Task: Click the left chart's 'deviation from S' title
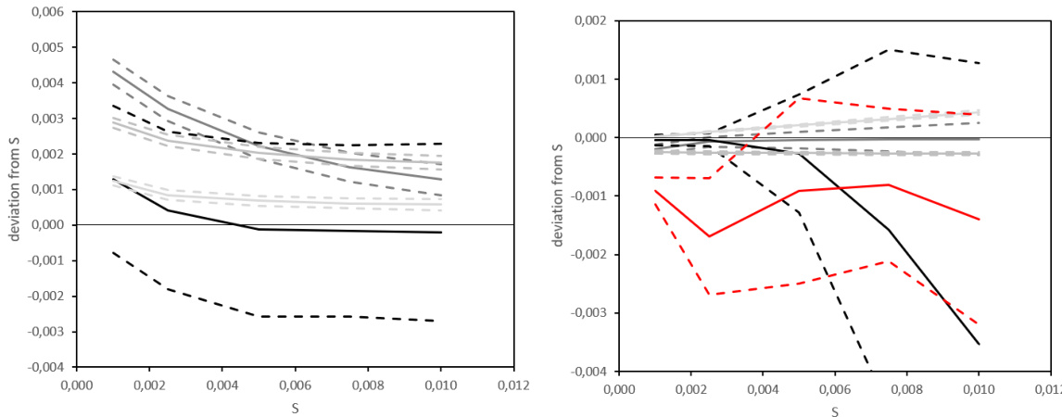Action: point(16,189)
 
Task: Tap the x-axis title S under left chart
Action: point(295,406)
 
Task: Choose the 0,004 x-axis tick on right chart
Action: point(763,388)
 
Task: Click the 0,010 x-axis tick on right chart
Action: point(980,388)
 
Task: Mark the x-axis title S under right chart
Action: point(834,411)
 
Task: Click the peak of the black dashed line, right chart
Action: point(890,50)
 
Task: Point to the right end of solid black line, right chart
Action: point(980,345)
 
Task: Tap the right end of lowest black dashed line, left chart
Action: point(440,321)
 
